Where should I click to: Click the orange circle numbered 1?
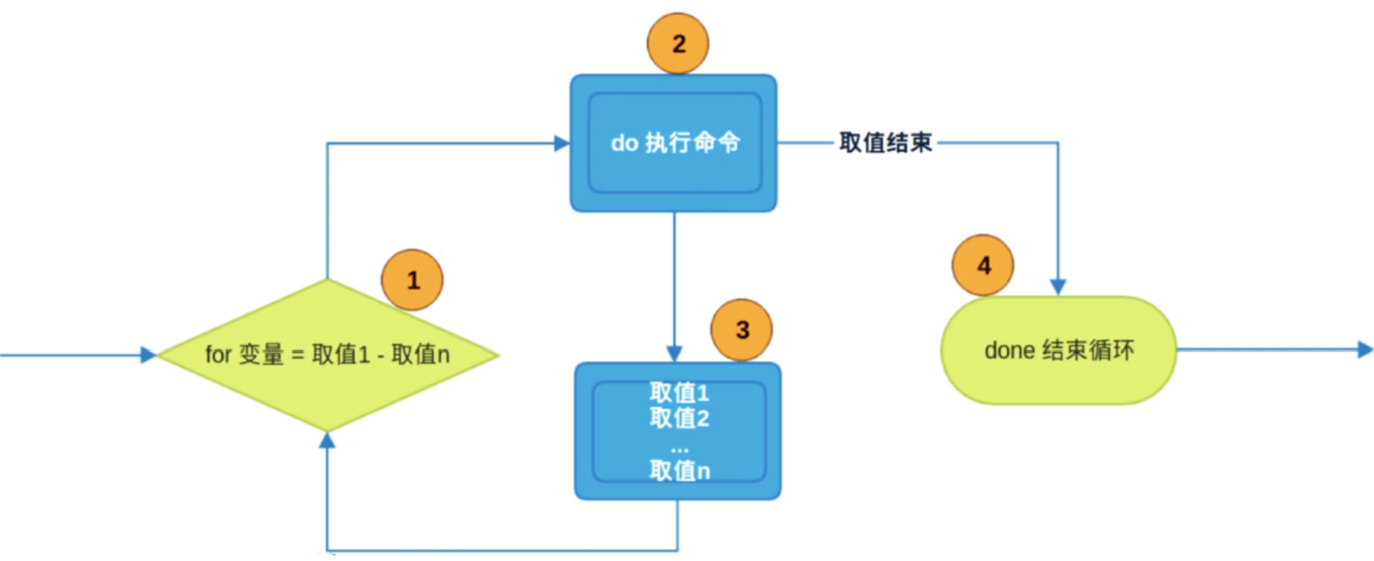[x=413, y=280]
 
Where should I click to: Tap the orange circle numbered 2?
[x=678, y=44]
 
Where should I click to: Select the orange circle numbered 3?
[x=741, y=330]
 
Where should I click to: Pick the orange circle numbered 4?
[x=983, y=265]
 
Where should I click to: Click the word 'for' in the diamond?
[x=218, y=355]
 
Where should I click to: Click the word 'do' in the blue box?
[x=624, y=143]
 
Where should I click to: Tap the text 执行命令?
[x=693, y=143]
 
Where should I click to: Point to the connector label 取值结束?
[x=885, y=143]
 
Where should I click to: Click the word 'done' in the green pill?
[x=1009, y=351]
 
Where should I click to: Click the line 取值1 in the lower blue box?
[x=679, y=393]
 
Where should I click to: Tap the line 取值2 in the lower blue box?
[x=679, y=418]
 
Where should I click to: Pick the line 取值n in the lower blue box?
[x=679, y=470]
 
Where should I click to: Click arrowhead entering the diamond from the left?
[x=148, y=355]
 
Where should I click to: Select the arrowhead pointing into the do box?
[x=562, y=143]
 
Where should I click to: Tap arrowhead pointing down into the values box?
[x=674, y=354]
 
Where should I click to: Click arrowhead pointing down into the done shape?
[x=1058, y=287]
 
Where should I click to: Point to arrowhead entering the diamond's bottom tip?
[x=327, y=441]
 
